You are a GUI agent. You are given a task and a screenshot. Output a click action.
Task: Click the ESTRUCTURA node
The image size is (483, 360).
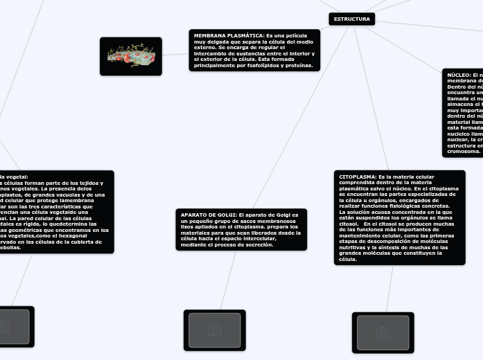351,19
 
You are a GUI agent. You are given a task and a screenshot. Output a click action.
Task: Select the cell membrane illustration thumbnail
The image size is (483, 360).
130,56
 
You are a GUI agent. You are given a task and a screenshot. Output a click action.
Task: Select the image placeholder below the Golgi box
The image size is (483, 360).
214,330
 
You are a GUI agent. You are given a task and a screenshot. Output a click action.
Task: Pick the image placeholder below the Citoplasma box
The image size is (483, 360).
383,332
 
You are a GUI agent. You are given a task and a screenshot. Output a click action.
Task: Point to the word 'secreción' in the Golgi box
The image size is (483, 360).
258,245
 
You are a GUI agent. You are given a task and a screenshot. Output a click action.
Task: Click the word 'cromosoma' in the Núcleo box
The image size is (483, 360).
463,151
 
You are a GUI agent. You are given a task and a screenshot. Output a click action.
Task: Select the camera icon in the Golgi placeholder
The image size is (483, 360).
214,330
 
